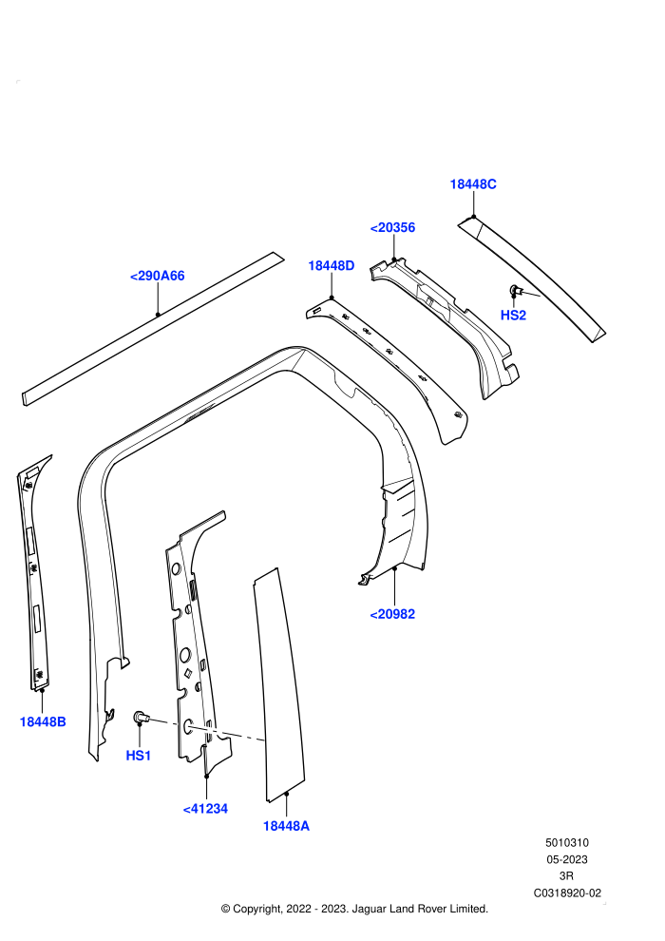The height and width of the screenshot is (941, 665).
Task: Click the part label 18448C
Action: [473, 184]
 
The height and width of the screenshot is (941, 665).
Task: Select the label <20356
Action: [392, 227]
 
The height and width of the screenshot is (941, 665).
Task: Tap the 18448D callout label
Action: [331, 265]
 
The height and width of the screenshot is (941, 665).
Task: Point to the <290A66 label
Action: [157, 276]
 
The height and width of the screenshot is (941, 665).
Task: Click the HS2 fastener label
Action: [513, 315]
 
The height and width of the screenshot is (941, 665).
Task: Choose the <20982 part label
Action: [392, 614]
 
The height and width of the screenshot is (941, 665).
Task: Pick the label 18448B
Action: [43, 722]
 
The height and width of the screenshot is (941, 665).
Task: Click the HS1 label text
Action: [139, 756]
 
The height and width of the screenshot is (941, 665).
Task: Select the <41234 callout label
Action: [206, 809]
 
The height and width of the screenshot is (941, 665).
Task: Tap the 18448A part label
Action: [286, 826]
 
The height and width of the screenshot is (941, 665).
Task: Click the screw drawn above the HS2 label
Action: [516, 291]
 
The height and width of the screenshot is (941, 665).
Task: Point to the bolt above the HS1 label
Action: [141, 717]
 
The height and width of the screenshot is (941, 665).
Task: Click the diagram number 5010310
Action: [566, 842]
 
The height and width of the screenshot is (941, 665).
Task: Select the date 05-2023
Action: [566, 859]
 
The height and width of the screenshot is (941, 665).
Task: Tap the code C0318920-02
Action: [567, 893]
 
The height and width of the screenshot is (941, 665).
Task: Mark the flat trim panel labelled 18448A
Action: [279, 684]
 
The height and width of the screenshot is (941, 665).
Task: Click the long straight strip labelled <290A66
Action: [153, 328]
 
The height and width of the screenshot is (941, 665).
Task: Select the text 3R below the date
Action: [566, 876]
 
